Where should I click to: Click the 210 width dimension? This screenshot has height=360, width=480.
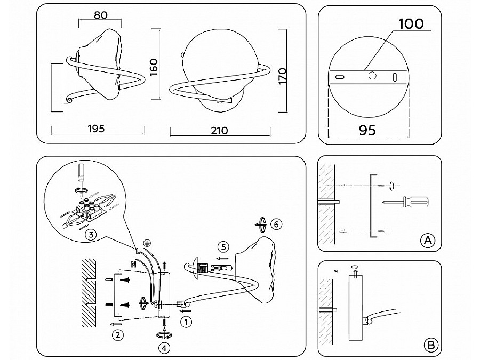[219, 131]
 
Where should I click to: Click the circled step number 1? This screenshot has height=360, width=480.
[186, 322]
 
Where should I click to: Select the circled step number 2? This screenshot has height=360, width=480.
[118, 335]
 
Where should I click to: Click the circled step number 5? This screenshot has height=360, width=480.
[224, 246]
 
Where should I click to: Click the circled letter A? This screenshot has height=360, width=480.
[427, 241]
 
